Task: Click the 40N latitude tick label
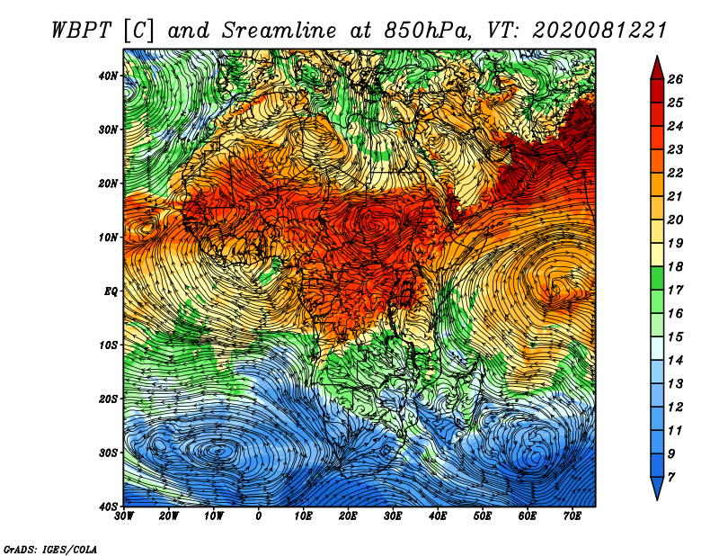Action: pyautogui.click(x=108, y=76)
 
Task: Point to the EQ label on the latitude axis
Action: pyautogui.click(x=111, y=291)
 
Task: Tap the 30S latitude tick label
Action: pyautogui.click(x=108, y=453)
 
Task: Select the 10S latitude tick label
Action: pyautogui.click(x=108, y=345)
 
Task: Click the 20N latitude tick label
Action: pyautogui.click(x=108, y=184)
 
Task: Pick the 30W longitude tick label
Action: pyautogui.click(x=124, y=516)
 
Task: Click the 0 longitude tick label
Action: pyautogui.click(x=259, y=516)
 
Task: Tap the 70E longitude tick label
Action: pyautogui.click(x=573, y=516)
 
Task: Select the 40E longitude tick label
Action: pyautogui.click(x=438, y=516)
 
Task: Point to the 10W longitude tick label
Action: pyautogui.click(x=214, y=516)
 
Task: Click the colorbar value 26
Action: pyautogui.click(x=675, y=79)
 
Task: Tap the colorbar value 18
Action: pyautogui.click(x=675, y=266)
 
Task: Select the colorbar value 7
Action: pyautogui.click(x=671, y=478)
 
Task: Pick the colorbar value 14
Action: pyautogui.click(x=675, y=361)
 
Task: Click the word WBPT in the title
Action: pyautogui.click(x=82, y=31)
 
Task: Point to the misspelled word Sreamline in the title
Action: pyautogui.click(x=280, y=31)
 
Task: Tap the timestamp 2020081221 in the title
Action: pyautogui.click(x=599, y=31)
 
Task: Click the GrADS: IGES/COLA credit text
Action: pyautogui.click(x=50, y=550)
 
